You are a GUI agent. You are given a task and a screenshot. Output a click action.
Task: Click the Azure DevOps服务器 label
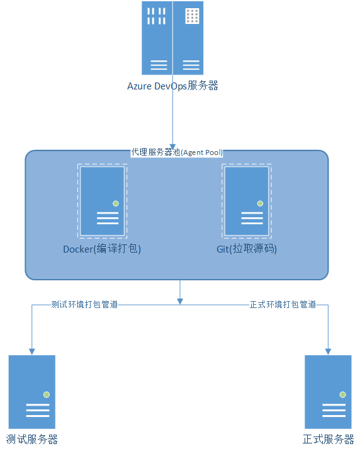[172, 86]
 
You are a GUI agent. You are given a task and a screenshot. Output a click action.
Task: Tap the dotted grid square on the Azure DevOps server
[192, 16]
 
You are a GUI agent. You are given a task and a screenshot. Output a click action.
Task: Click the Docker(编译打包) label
[102, 249]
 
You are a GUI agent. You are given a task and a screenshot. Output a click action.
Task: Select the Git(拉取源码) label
[247, 249]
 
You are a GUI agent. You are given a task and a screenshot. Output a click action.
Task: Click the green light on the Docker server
[116, 203]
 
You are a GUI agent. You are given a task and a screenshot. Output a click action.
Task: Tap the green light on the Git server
[261, 203]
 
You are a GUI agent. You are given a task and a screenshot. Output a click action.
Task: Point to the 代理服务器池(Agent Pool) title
[177, 152]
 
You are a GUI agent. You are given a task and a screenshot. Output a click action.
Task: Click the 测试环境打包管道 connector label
[84, 304]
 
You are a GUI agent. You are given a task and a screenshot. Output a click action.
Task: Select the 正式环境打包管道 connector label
[283, 304]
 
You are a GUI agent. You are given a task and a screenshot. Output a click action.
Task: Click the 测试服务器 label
[32, 440]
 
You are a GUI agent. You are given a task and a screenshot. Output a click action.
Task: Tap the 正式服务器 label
[328, 440]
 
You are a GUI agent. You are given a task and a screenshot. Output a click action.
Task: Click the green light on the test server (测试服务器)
[47, 394]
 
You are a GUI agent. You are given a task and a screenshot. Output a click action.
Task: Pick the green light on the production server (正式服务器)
[343, 394]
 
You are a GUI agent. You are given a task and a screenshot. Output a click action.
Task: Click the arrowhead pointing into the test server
[32, 351]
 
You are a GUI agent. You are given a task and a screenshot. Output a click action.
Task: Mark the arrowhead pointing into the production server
[328, 351]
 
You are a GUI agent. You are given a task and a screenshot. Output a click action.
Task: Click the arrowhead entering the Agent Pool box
[172, 147]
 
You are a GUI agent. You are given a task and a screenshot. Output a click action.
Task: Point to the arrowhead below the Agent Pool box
[180, 301]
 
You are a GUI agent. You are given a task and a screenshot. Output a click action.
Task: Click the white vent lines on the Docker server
[108, 219]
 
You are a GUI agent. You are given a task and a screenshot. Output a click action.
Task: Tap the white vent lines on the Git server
[252, 219]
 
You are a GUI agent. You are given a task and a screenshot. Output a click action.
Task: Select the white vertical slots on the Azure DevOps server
[156, 16]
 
